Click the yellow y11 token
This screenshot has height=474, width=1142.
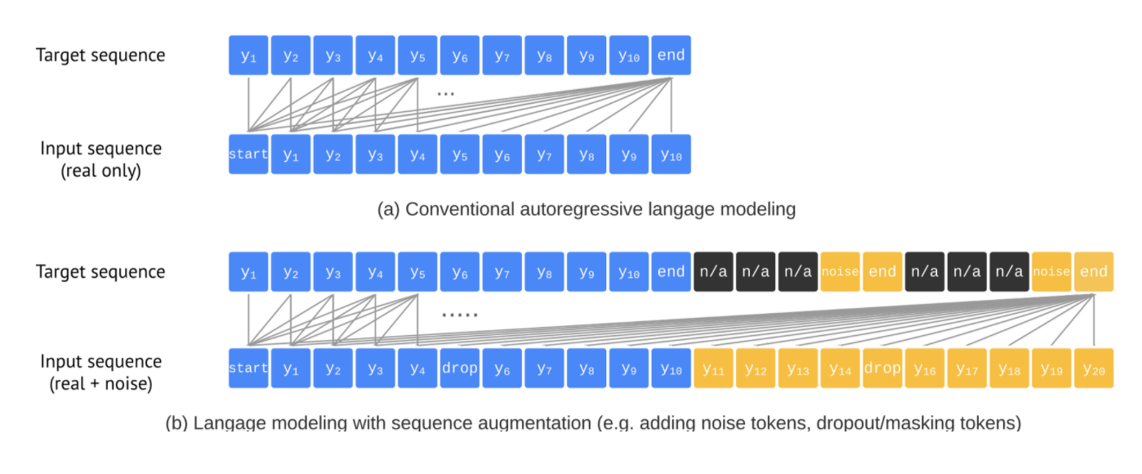(713, 369)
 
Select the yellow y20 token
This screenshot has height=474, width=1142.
(1093, 369)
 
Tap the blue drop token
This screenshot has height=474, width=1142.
(459, 369)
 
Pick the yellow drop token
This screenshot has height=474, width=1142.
(882, 369)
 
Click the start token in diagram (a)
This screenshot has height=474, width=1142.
(248, 154)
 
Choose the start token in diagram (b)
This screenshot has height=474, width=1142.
(248, 369)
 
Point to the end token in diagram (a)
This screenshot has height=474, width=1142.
(671, 56)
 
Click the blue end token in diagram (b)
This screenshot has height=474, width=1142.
(671, 272)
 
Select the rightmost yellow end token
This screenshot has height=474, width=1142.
(1093, 272)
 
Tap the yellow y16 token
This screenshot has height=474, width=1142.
(925, 369)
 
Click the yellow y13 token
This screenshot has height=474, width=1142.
(798, 369)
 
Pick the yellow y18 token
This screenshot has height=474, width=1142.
(1009, 369)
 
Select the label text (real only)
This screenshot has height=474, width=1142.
(100, 172)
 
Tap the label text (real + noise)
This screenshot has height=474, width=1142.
(100, 383)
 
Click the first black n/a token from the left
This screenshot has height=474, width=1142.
(713, 272)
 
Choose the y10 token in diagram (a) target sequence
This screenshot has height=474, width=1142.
(628, 56)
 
